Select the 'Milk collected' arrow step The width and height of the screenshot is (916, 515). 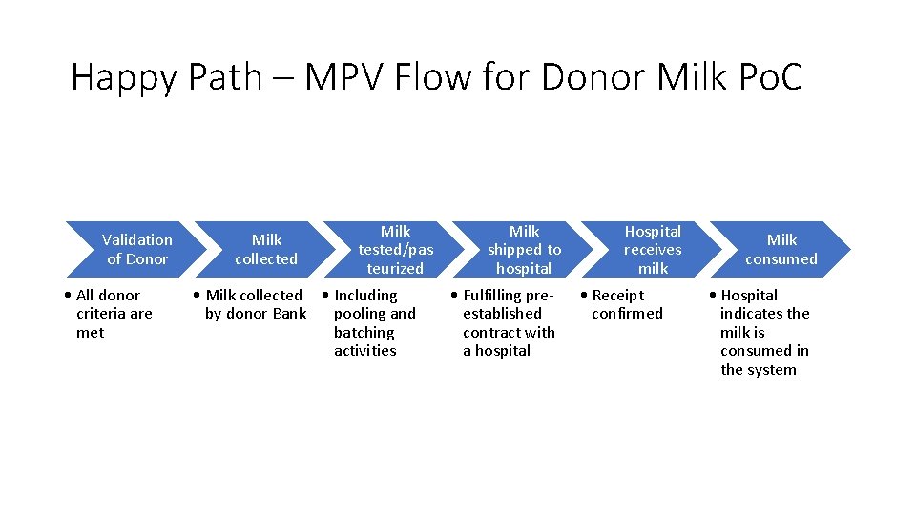pyautogui.click(x=266, y=249)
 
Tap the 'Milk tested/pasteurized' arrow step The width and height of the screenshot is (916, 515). pyautogui.click(x=395, y=249)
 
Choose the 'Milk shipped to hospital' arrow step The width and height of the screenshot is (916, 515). pyautogui.click(x=524, y=249)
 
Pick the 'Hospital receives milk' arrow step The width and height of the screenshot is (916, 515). pyautogui.click(x=653, y=249)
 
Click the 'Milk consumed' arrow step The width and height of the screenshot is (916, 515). pyautogui.click(x=781, y=249)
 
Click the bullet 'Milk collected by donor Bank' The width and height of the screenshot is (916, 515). pyautogui.click(x=254, y=304)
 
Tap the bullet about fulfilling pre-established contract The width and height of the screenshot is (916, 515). pyautogui.click(x=506, y=322)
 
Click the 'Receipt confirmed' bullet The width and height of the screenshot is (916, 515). pyautogui.click(x=624, y=304)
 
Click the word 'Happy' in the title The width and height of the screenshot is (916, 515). pyautogui.click(x=123, y=77)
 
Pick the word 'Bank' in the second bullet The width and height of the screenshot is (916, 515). pyautogui.click(x=288, y=314)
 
